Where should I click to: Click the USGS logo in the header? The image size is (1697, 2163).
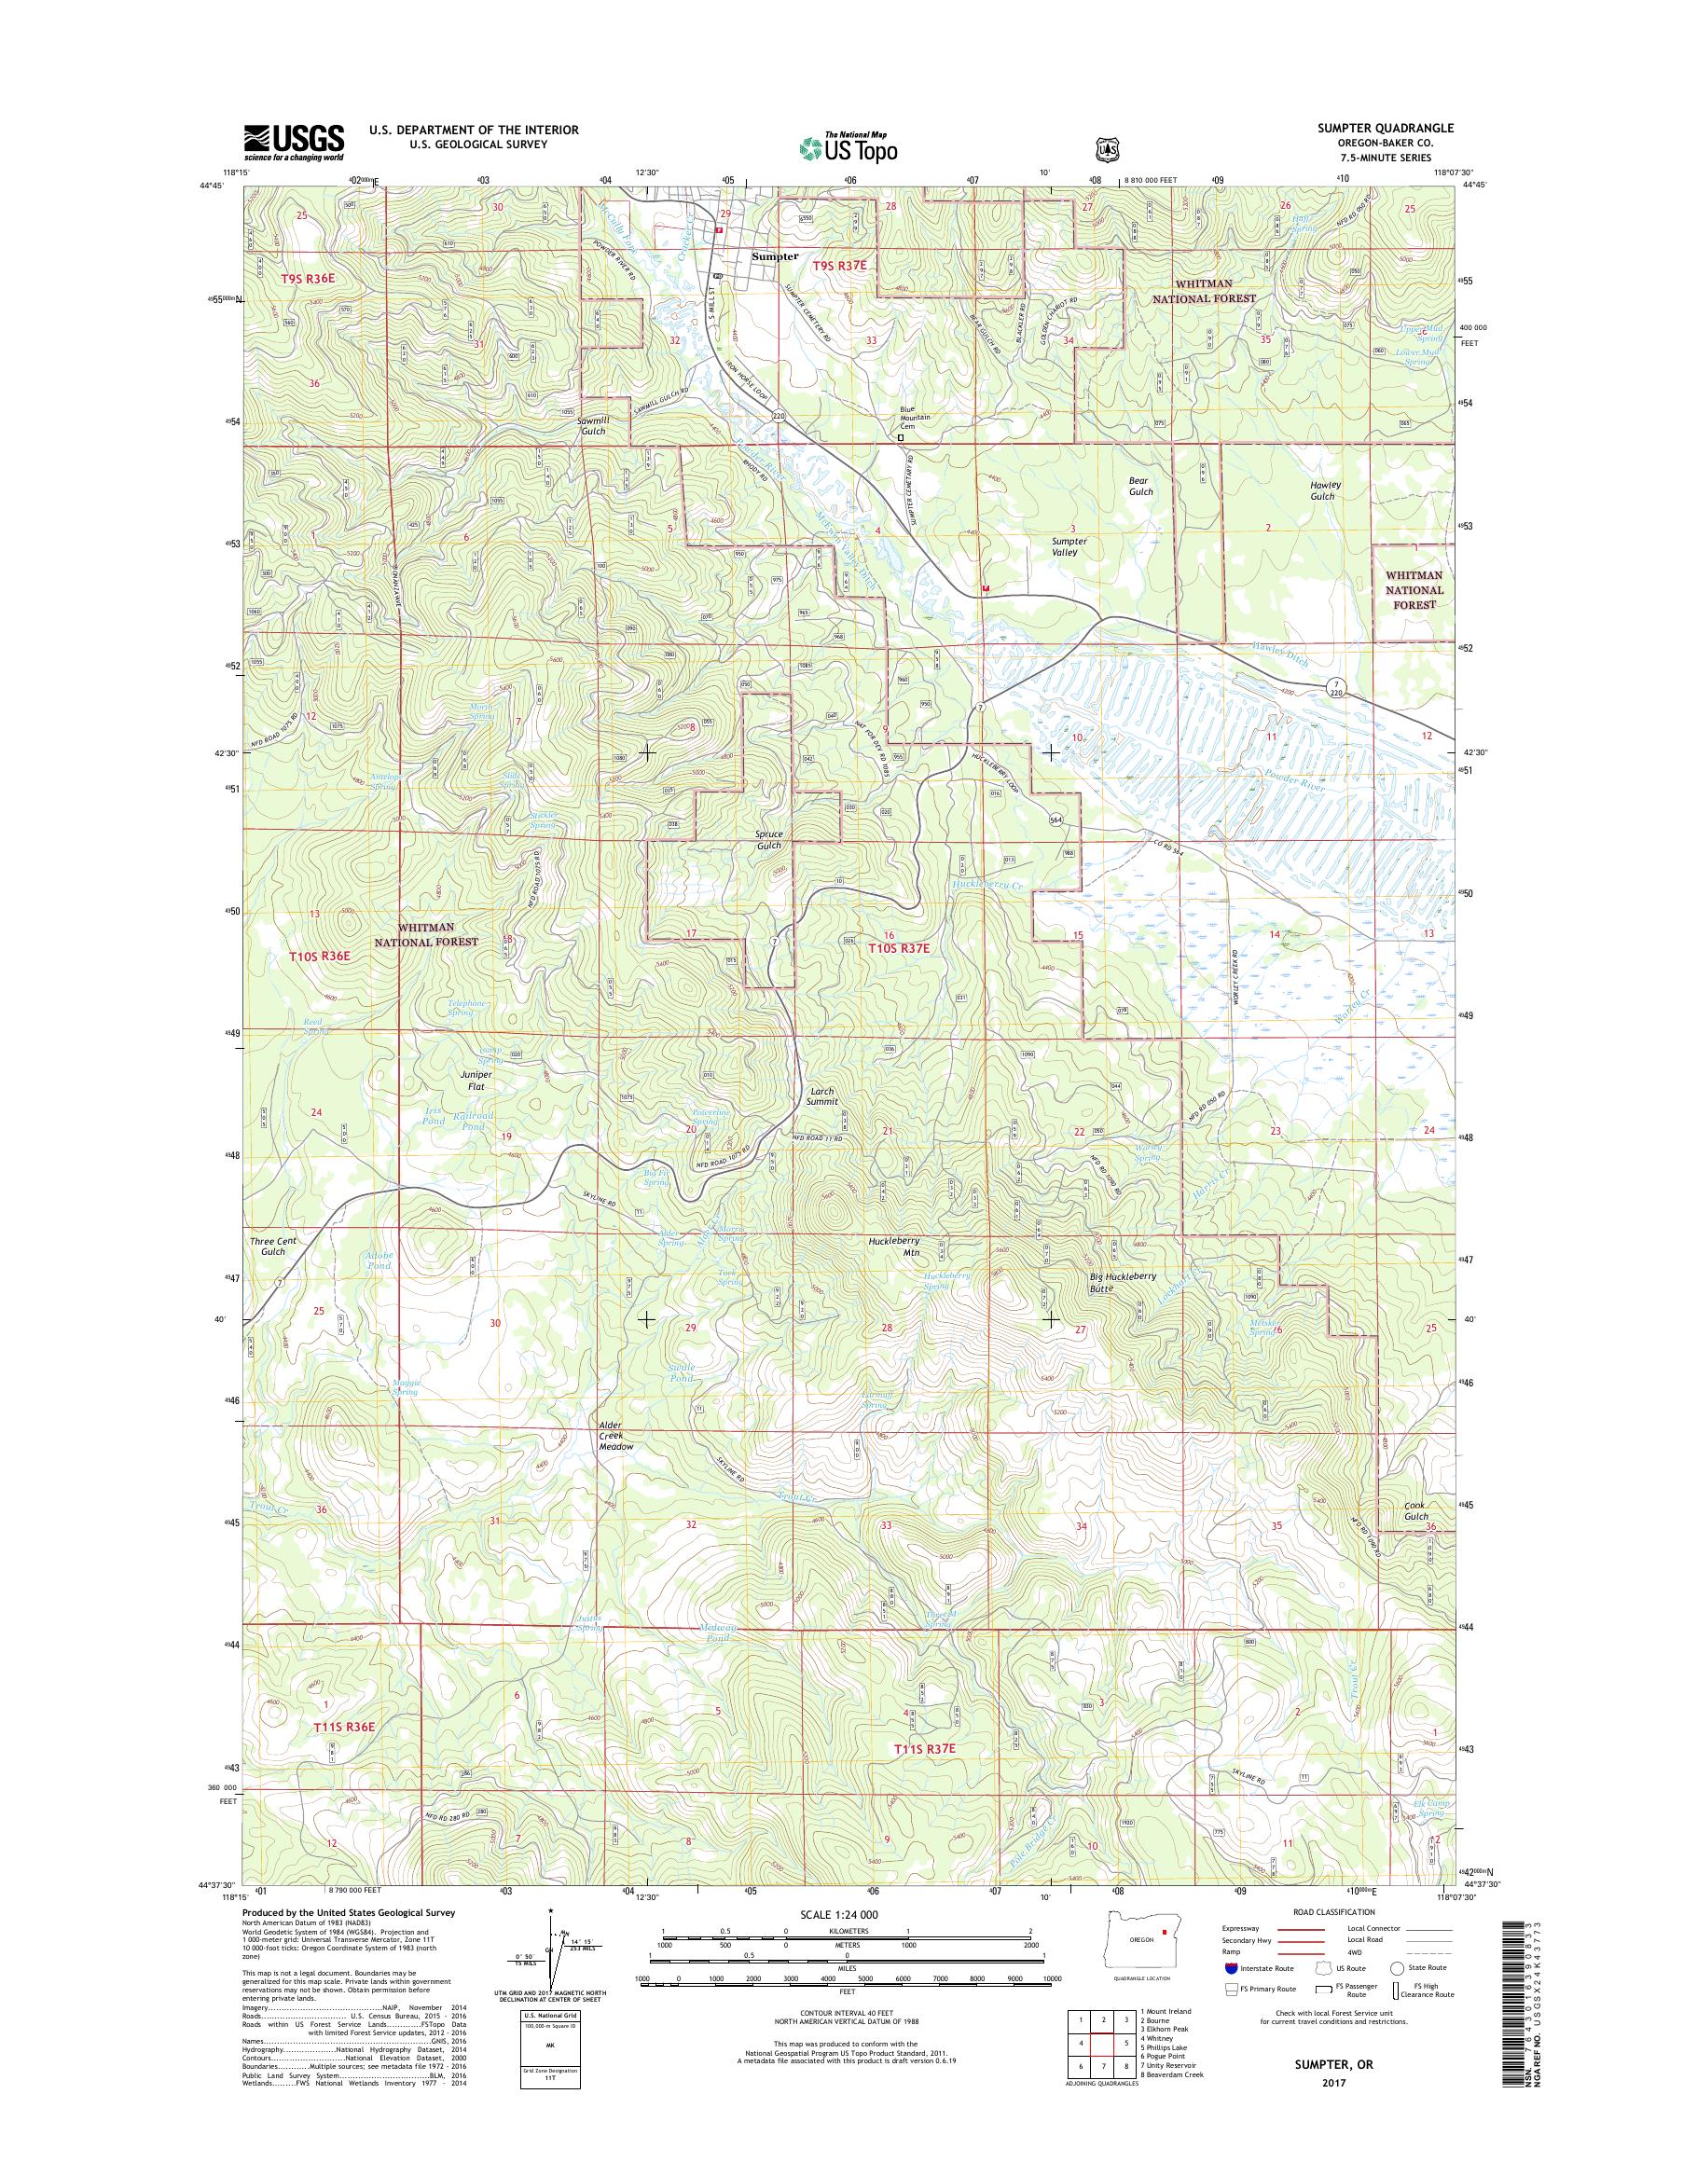tap(294, 143)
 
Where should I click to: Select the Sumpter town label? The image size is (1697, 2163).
tap(775, 255)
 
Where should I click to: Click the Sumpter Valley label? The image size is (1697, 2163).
tap(1069, 547)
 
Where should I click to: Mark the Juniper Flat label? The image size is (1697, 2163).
tap(472, 1080)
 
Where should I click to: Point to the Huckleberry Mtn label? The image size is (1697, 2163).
tap(894, 1246)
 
